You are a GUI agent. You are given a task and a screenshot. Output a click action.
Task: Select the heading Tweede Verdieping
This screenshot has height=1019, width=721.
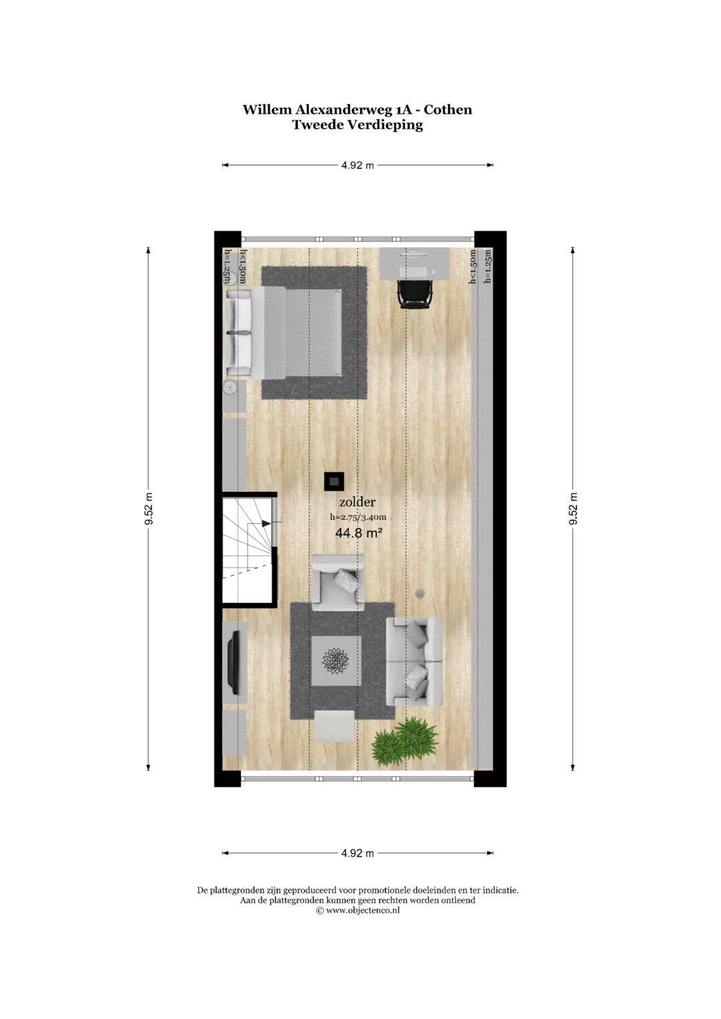click(357, 125)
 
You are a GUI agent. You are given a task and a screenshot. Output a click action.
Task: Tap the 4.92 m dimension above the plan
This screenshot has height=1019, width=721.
click(357, 165)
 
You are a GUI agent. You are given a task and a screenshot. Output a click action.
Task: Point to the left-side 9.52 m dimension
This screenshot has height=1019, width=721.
click(148, 508)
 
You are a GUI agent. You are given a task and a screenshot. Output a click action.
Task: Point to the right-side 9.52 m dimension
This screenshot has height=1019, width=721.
click(573, 508)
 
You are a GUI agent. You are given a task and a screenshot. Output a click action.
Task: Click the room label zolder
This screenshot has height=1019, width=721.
click(357, 502)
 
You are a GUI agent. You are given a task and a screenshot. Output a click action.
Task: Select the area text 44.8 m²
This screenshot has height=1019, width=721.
click(358, 533)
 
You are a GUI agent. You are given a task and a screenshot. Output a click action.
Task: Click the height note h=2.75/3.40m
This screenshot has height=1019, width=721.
click(358, 517)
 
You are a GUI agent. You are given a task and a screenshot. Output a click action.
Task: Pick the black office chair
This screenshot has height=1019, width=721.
click(414, 294)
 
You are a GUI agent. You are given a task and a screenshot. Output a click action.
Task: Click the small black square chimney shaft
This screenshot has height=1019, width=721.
click(334, 481)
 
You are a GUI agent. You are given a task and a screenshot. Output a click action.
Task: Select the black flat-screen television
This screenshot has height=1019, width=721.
click(235, 663)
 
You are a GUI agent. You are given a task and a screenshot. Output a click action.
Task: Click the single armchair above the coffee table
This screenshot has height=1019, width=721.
click(338, 583)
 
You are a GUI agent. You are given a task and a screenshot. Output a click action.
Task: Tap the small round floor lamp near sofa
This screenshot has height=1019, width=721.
click(419, 593)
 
